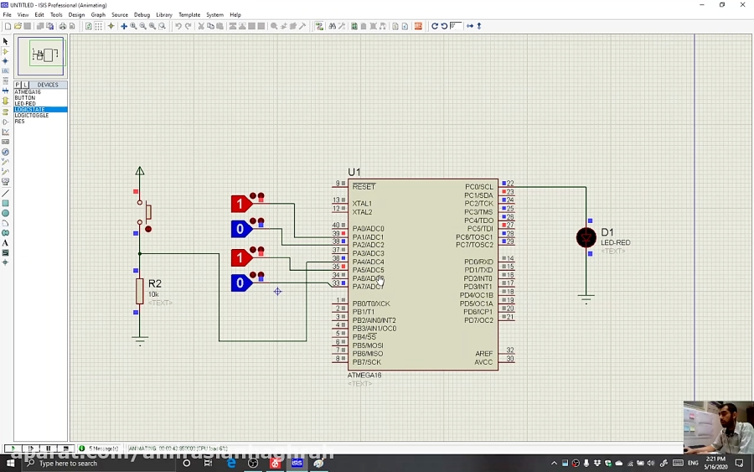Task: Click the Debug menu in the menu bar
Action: coord(142,14)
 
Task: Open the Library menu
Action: coord(164,14)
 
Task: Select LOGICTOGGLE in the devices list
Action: coord(32,116)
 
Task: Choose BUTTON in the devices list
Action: coord(25,98)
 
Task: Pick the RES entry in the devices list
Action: coord(20,122)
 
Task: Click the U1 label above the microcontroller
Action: coord(354,172)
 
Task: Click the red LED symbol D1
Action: coord(586,238)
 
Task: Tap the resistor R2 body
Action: coord(140,291)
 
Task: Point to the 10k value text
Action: coord(153,294)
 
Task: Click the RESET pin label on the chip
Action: coord(364,186)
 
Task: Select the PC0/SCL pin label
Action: coord(479,187)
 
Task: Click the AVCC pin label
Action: coord(484,362)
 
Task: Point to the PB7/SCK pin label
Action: coord(367,362)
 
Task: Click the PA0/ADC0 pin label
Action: coord(369,229)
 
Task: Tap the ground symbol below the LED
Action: coord(586,298)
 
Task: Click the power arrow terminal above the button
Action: coord(140,172)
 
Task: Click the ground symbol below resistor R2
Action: coord(140,340)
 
